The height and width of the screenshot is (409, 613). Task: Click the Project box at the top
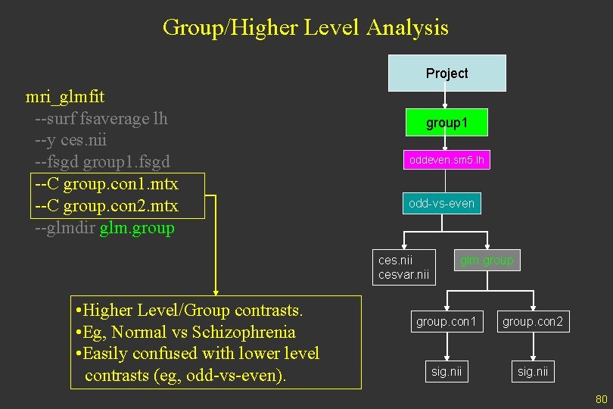coord(447,73)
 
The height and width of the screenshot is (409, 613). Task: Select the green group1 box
coord(447,123)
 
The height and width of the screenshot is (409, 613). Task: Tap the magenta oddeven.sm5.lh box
coord(447,160)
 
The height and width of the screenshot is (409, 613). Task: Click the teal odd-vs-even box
coord(441,203)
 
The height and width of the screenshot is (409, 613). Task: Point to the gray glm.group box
coord(487,261)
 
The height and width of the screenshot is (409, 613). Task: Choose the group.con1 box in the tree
coord(447,322)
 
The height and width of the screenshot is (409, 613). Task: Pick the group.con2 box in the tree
coord(533,322)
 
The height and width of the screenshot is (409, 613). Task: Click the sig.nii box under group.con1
coord(447,371)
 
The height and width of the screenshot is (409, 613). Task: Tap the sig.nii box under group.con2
coord(533,371)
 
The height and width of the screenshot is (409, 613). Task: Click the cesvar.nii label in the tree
coord(403,274)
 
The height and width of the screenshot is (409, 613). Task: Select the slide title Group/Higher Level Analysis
coord(306,28)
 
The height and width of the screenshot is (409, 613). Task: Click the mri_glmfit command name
coord(65,97)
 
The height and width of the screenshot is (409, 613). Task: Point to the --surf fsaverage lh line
coord(101,119)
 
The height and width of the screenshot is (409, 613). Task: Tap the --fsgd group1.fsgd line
coord(102,162)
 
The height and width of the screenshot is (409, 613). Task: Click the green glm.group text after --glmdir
coord(137,228)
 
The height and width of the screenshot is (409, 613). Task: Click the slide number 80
coord(602,399)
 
